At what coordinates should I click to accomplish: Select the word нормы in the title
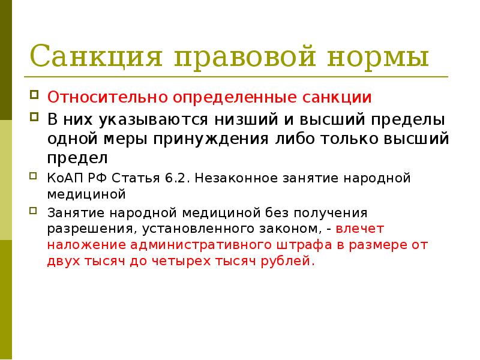(x=377, y=58)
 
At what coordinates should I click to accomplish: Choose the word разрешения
(x=79, y=229)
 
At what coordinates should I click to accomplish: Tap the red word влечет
(x=360, y=229)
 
